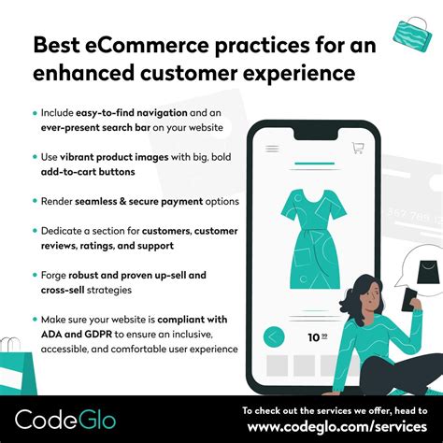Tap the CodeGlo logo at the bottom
(64, 418)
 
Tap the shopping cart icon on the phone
(357, 148)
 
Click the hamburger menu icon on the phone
(273, 148)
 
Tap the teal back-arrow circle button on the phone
(275, 336)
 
